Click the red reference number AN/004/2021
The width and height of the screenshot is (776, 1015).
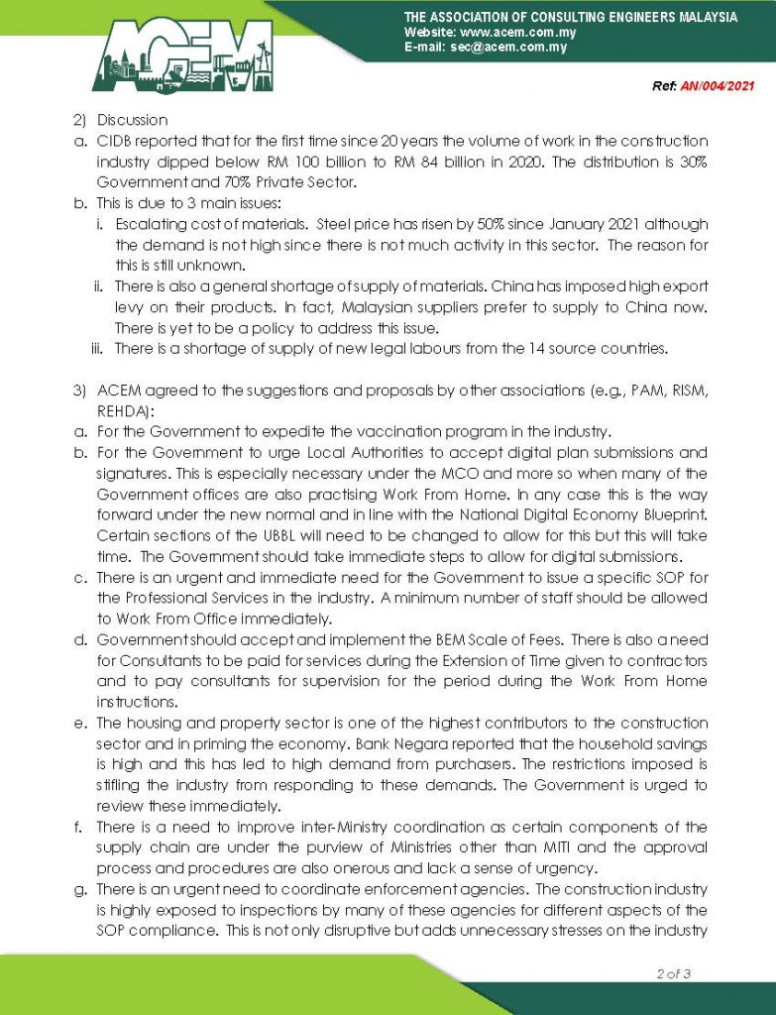point(717,86)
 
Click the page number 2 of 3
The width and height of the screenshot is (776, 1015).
point(674,973)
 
